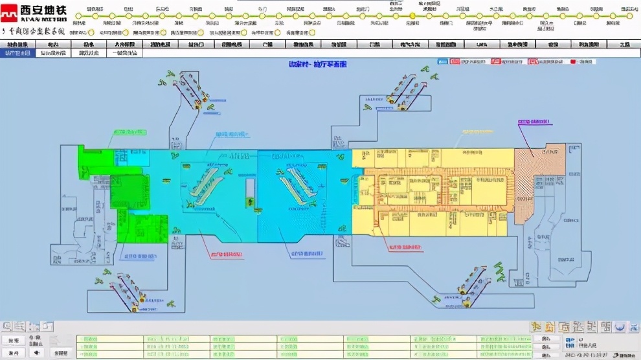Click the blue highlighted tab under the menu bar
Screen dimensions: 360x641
pyautogui.click(x=17, y=53)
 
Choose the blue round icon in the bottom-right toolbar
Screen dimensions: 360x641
pyautogui.click(x=620, y=327)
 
